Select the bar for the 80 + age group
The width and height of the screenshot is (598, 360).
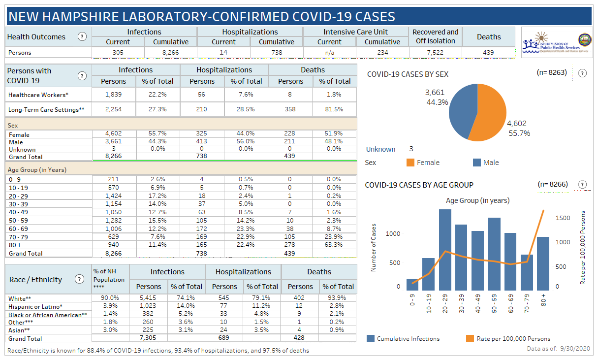pos(543,263)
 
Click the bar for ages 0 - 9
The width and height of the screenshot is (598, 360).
pos(412,285)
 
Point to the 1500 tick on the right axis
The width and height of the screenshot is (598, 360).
pos(563,218)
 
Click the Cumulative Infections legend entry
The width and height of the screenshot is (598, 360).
pos(403,338)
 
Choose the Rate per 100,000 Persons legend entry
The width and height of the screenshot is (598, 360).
pos(507,338)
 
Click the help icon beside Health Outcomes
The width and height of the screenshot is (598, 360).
pos(82,37)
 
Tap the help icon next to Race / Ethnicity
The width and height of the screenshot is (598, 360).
pos(79,279)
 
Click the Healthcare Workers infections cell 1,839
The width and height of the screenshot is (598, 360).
pos(114,95)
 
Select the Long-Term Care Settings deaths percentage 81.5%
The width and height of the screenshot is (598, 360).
pos(335,109)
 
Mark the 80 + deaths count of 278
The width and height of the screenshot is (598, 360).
pos(290,245)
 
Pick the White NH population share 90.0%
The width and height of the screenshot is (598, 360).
pos(110,298)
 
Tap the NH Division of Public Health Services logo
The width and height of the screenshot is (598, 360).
pos(556,42)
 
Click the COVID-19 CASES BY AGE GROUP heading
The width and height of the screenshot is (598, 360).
pos(419,185)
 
